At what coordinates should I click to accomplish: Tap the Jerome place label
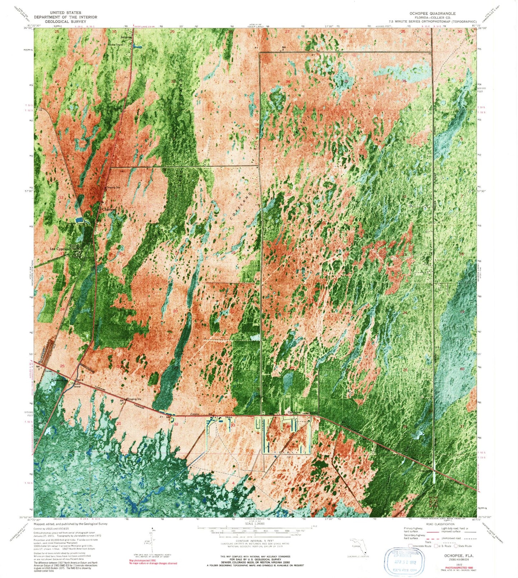tap(126, 37)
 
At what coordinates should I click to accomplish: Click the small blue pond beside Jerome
tap(136, 46)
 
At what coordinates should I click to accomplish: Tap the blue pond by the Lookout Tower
tap(79, 219)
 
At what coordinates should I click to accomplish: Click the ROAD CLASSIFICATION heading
tap(442, 524)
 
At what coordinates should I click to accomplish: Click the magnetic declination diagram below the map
tap(152, 537)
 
